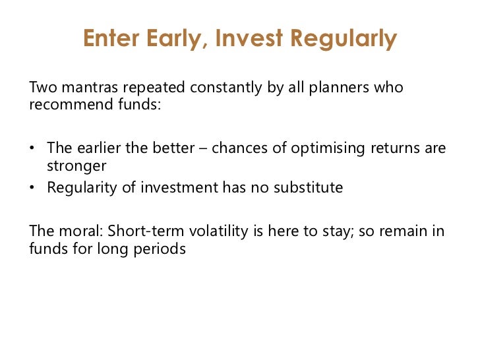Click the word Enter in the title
(111, 38)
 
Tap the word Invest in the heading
(249, 38)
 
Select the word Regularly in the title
(344, 39)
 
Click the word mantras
(90, 87)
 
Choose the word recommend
(72, 104)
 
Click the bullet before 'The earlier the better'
(32, 148)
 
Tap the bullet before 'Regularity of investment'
(32, 187)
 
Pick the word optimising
(328, 149)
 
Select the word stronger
(76, 166)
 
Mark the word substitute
(309, 187)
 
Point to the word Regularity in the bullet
(82, 188)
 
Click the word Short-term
(146, 231)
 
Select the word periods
(160, 249)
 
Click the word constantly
(226, 88)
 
